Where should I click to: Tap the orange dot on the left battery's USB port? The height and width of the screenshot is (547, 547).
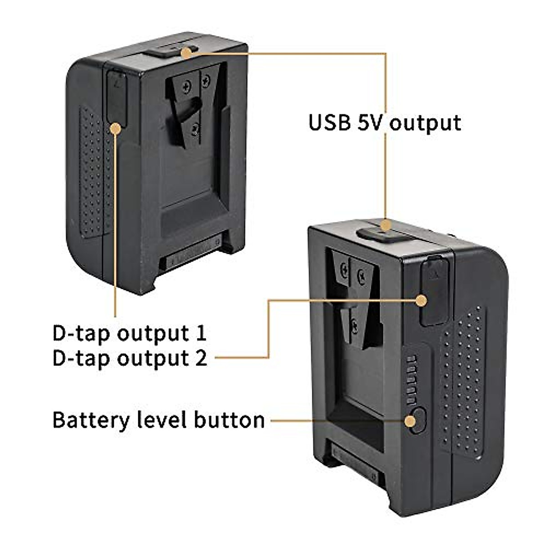point(186,53)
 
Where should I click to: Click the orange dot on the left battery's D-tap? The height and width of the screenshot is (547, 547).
point(116,129)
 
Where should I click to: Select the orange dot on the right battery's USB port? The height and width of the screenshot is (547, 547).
point(386,225)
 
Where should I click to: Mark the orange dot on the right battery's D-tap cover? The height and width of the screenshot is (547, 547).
point(421,300)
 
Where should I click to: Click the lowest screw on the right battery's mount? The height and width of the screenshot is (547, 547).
point(354,325)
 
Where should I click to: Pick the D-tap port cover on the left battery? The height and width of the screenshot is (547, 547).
point(116,96)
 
